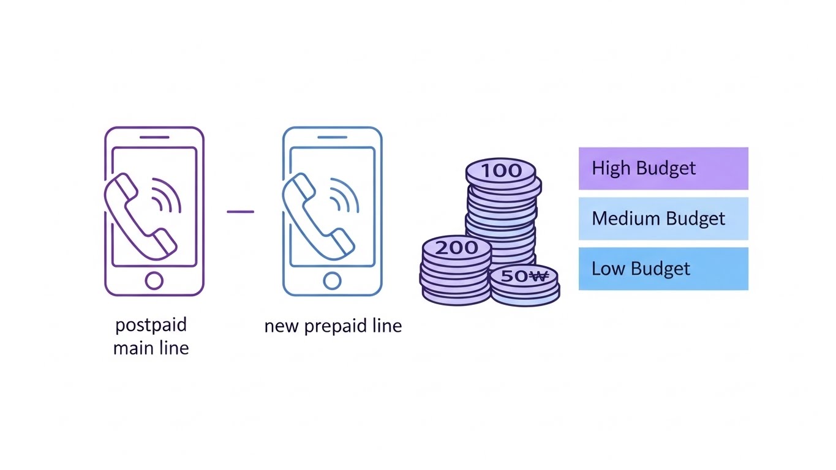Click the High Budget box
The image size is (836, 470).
point(663,168)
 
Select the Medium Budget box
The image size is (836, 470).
point(663,218)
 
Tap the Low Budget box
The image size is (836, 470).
point(663,269)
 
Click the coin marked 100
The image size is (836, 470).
point(501,171)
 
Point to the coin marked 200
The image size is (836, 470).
point(457,248)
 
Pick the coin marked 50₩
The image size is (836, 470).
point(524,276)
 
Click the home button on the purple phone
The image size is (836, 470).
point(154,281)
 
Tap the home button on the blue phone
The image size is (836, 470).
point(332,281)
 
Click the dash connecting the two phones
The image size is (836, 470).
point(240,212)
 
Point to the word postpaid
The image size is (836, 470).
point(151,325)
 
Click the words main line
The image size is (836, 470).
point(151,348)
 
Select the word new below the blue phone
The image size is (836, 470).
point(280,326)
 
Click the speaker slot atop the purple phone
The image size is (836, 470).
point(154,137)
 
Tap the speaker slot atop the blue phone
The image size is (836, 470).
point(332,137)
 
